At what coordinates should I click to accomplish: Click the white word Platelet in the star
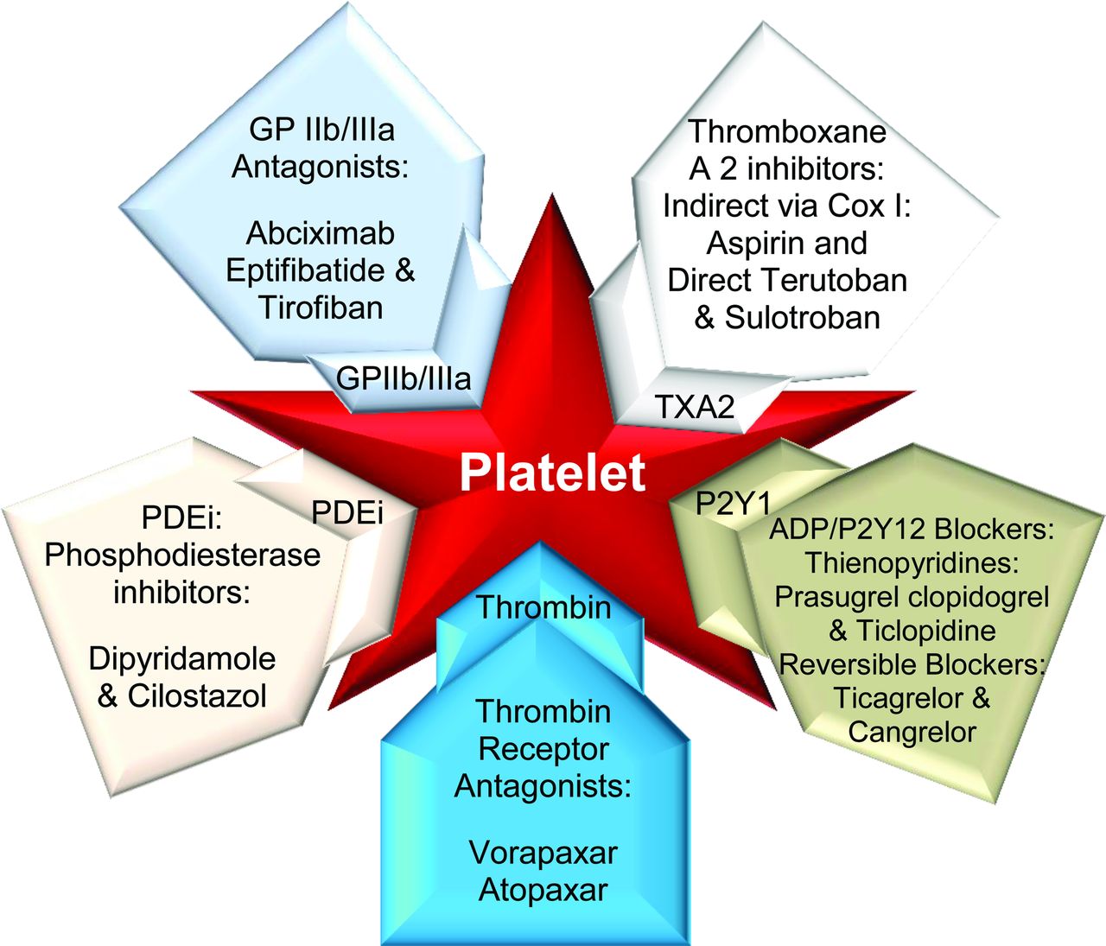coord(552,473)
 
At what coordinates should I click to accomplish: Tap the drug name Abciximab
coord(321,233)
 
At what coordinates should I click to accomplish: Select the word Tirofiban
coord(321,308)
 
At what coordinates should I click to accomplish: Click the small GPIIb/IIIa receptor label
coord(404,378)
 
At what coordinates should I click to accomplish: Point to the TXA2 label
coord(695,406)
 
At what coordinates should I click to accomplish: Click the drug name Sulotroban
coord(803,318)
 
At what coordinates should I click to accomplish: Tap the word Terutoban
coord(835,281)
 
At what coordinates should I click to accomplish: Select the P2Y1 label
coord(733,504)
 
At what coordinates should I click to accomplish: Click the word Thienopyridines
coord(912,563)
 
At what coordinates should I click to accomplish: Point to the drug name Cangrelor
coord(912,732)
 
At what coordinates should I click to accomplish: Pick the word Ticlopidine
coord(926,631)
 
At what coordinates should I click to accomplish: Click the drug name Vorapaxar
coord(543,853)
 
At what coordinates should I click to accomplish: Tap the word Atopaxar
coord(543,890)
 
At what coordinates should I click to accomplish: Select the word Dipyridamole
coord(181,659)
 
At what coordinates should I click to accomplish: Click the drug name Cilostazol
coord(197,696)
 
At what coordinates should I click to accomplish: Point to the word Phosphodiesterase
coord(182,555)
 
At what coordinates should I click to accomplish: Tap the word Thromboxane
coord(787,132)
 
